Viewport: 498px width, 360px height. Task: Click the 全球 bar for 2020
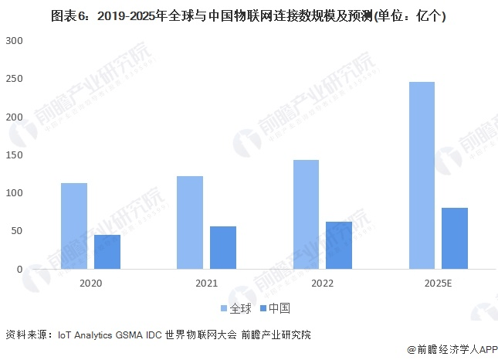click(74, 226)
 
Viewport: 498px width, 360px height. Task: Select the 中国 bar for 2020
click(107, 252)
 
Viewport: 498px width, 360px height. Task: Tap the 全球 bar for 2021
click(190, 222)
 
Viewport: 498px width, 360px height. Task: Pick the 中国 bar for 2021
click(223, 248)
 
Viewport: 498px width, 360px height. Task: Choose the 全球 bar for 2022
click(306, 215)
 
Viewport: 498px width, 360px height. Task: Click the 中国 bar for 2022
click(339, 246)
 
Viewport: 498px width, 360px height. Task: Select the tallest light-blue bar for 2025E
click(422, 175)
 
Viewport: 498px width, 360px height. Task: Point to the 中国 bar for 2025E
click(455, 239)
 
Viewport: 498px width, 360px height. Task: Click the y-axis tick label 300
click(15, 40)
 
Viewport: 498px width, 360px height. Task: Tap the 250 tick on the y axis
click(15, 79)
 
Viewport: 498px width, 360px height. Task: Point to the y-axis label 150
click(15, 155)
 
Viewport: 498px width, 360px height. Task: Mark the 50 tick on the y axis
click(17, 231)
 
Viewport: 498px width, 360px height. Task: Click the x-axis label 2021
click(206, 284)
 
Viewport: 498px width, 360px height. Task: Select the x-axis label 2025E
click(438, 284)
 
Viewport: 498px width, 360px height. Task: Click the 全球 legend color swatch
click(224, 308)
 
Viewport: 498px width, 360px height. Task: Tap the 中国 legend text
click(279, 308)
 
